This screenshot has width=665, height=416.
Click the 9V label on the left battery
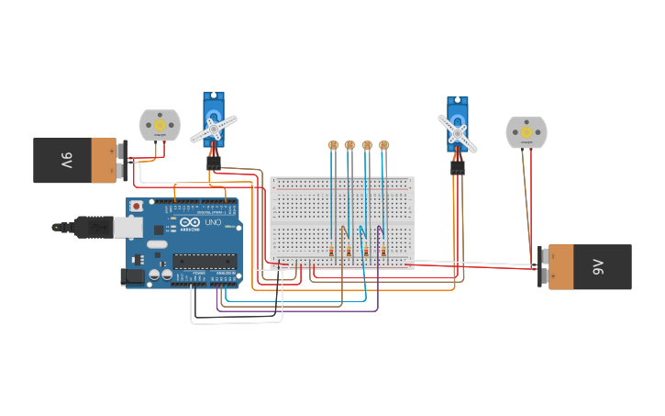[x=66, y=161]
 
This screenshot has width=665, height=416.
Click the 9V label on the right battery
[x=598, y=266]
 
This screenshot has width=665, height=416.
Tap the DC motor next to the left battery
[x=160, y=125]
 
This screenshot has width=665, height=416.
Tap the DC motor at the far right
[x=526, y=132]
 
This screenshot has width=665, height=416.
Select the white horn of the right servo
[x=457, y=133]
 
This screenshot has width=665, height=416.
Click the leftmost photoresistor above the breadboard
[x=333, y=145]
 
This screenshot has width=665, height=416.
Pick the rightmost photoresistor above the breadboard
[x=384, y=145]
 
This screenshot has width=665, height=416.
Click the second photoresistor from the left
[x=349, y=145]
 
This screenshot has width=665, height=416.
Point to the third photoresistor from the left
[x=367, y=145]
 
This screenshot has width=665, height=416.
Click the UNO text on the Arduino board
[x=212, y=223]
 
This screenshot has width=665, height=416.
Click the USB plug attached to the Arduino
[x=92, y=226]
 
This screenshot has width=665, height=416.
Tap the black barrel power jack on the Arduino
[x=133, y=275]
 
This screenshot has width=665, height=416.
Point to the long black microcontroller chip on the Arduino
[x=205, y=262]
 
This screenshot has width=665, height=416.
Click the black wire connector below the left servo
[x=214, y=163]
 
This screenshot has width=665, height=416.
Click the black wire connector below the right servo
[x=457, y=167]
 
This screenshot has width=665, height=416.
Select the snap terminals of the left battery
[x=121, y=160]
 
